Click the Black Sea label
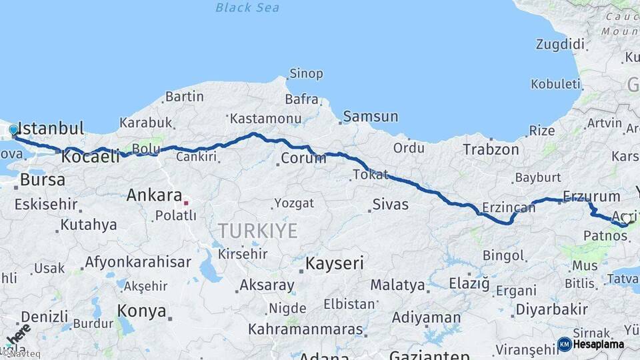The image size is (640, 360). [247, 8]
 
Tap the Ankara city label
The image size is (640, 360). [154, 195]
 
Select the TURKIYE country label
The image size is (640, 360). [257, 231]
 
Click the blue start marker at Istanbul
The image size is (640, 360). [13, 129]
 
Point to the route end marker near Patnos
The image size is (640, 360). [626, 219]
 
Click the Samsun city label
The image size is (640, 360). [371, 117]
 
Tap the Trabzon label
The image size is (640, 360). [491, 149]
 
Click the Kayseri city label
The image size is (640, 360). [335, 263]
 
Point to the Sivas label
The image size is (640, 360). [391, 205]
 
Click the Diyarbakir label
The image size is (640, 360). [551, 309]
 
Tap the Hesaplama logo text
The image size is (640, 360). [599, 345]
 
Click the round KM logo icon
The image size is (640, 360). [564, 345]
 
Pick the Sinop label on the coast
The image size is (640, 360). [306, 74]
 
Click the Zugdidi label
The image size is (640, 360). [560, 45]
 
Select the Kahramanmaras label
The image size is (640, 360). [306, 329]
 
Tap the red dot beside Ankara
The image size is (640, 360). [187, 203]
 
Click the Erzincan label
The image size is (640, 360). [509, 208]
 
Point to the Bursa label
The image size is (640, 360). [43, 180]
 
